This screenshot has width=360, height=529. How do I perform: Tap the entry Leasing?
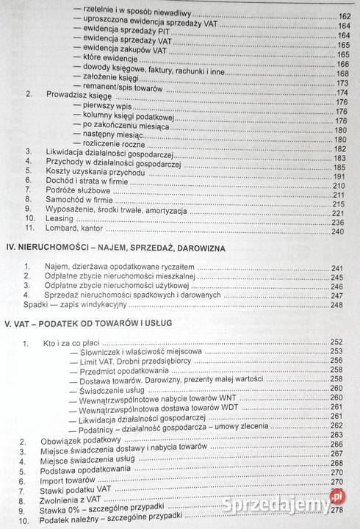(62, 222)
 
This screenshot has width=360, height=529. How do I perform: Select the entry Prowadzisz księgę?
(82, 93)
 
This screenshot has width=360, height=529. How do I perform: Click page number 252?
(338, 342)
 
